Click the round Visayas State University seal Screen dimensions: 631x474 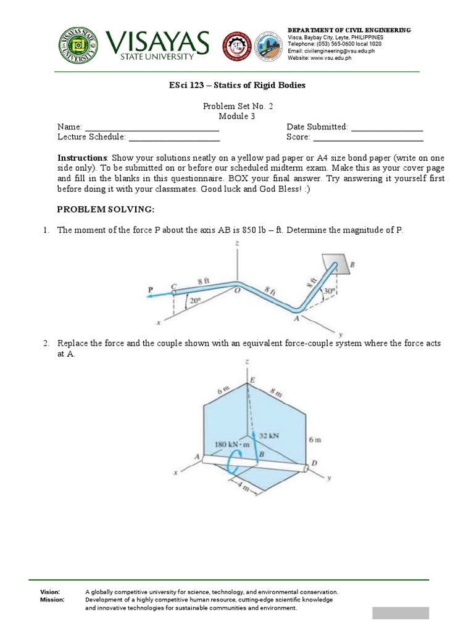[x=79, y=45]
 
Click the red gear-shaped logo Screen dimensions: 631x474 [x=236, y=46]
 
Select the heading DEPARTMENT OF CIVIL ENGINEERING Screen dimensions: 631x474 [x=349, y=30]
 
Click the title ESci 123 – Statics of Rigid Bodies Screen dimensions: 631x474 [x=237, y=85]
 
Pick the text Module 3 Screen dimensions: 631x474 [x=237, y=116]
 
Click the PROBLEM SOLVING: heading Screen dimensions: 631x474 [x=105, y=210]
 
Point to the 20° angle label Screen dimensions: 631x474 [x=195, y=301]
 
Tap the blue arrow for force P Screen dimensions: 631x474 [x=159, y=295]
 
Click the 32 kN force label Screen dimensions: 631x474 [x=268, y=435]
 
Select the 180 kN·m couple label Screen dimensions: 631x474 [x=230, y=444]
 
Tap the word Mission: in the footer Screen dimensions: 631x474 [x=52, y=600]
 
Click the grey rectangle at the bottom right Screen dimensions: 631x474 [x=400, y=613]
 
